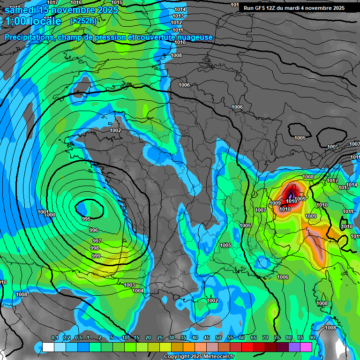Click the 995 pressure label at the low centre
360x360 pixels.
point(86,219)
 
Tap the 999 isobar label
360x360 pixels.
point(96,256)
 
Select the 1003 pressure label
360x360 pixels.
point(130,285)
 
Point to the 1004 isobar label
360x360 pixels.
point(138,291)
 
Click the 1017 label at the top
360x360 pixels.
point(53,3)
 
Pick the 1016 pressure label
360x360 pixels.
point(76,3)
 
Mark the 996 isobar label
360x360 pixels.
point(94,230)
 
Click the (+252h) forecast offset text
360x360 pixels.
point(83,21)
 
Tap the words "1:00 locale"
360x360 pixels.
point(33,21)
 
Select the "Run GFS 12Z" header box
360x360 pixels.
point(294,8)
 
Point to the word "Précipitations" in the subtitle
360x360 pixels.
point(28,37)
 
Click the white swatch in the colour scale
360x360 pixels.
point(48,347)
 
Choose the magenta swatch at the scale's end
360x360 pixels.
point(306,347)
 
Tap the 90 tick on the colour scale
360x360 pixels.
point(312,338)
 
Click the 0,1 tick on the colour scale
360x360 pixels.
point(54,338)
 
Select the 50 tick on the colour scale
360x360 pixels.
point(218,338)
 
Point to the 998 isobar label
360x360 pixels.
point(95,248)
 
